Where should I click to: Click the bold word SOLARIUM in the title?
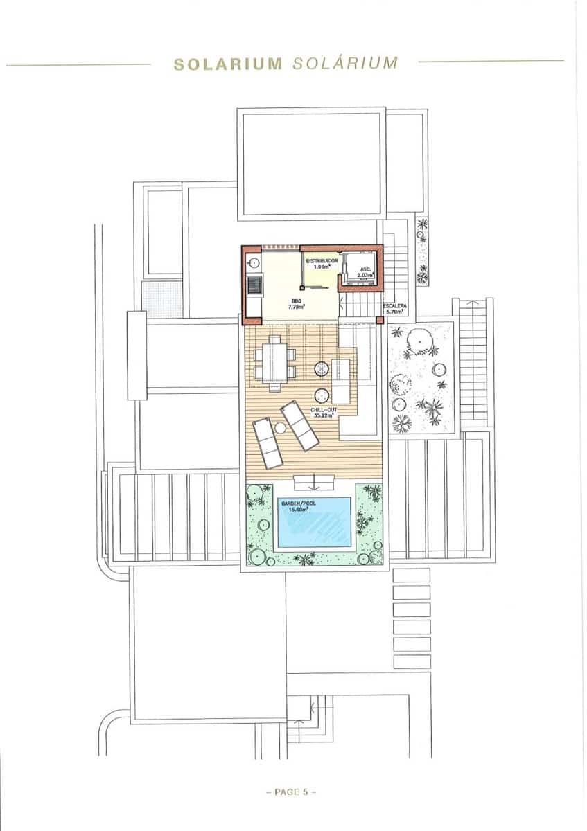[x=228, y=64]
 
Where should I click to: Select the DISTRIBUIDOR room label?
[x=322, y=262]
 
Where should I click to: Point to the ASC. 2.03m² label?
[x=365, y=271]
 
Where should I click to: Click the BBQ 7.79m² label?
[x=297, y=303]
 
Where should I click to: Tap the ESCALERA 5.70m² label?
[x=397, y=308]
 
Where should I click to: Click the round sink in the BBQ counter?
[x=254, y=262]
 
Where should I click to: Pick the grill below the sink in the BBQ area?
[x=254, y=284]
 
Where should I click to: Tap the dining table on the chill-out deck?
[x=274, y=360]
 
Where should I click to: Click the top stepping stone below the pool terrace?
[x=411, y=575]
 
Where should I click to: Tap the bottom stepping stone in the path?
[x=411, y=662]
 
